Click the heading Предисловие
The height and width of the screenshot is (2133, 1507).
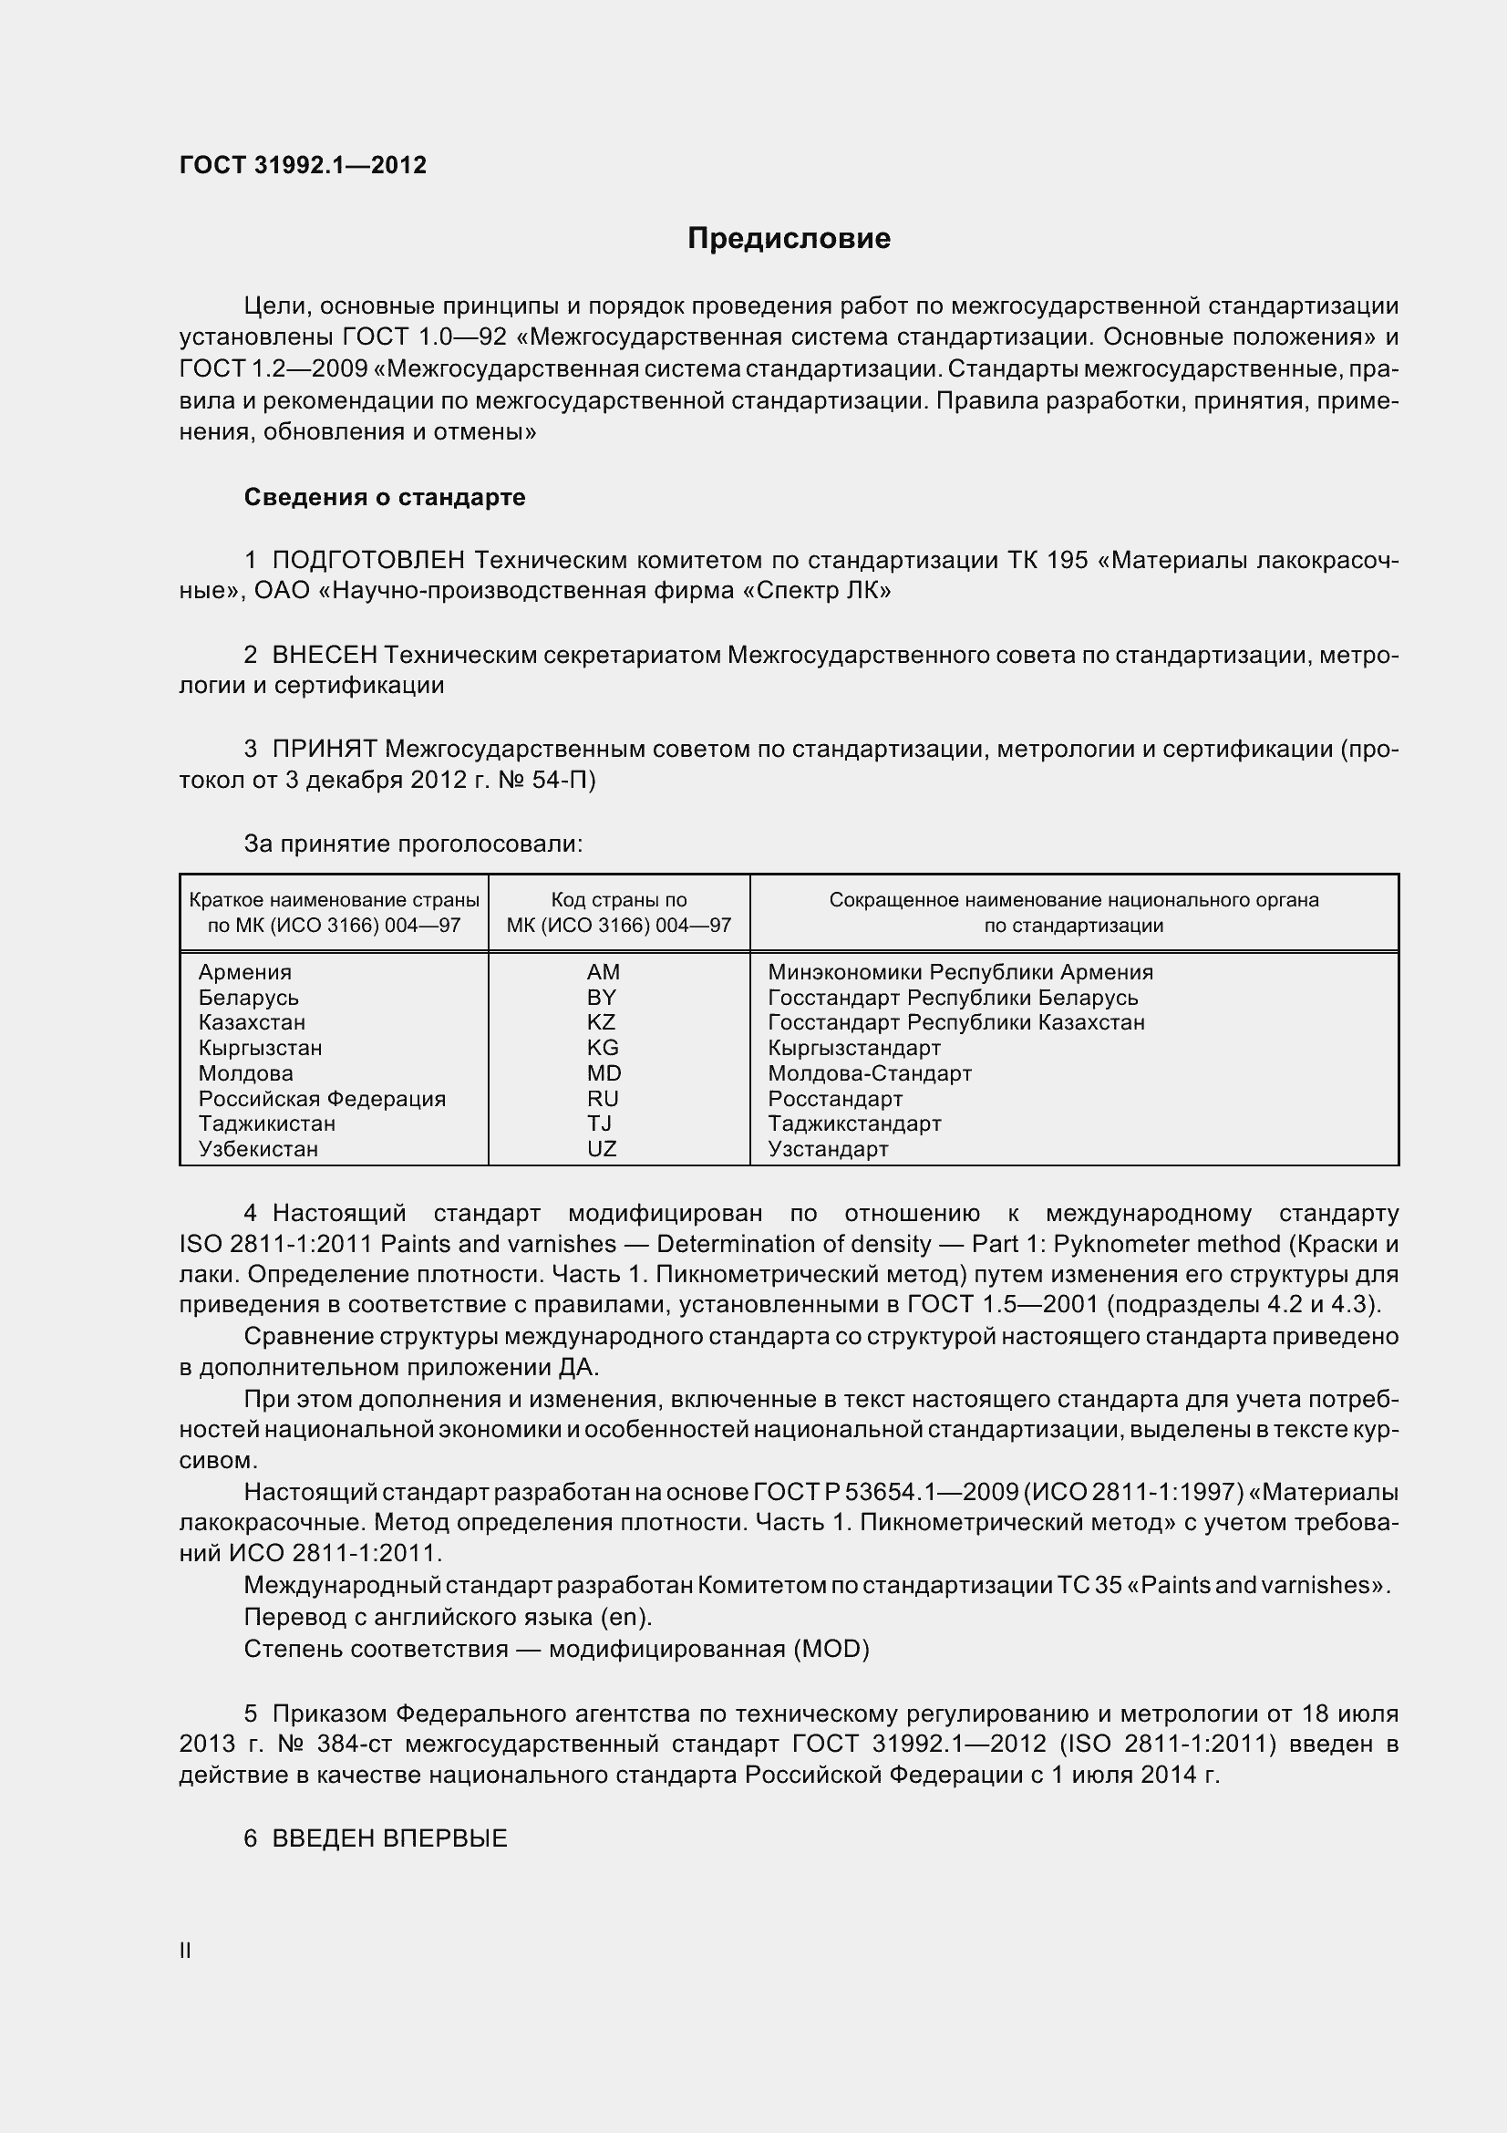pos(789,239)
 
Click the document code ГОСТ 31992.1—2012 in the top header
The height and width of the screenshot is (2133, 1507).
pos(303,165)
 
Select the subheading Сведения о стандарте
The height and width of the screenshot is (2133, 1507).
pos(385,497)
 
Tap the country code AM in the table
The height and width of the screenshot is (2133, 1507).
pos(603,972)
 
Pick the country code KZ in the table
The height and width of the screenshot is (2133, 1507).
pos(601,1022)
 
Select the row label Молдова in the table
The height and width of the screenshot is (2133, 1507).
pos(245,1073)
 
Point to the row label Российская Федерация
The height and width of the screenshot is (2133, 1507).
pos(321,1098)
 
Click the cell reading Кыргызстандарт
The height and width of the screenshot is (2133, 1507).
pos(854,1048)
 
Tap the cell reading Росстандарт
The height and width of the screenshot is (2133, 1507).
pos(835,1098)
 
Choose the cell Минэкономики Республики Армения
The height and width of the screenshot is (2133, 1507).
pos(960,972)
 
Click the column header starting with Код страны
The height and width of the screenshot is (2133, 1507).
pos(618,912)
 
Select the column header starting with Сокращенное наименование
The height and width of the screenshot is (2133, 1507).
pos(1073,912)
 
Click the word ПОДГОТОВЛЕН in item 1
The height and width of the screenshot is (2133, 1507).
pos(367,560)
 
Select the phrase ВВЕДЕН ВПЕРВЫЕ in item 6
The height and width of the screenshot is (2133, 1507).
pos(389,1838)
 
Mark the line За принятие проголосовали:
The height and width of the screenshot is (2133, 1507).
pos(413,844)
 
